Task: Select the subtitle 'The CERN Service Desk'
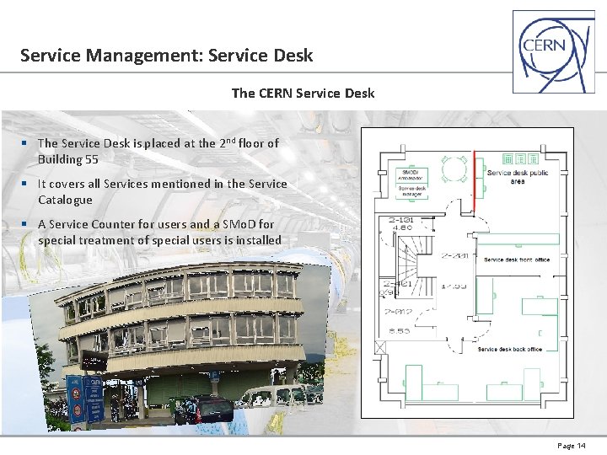303,93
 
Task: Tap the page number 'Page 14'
572,446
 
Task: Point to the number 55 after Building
91,159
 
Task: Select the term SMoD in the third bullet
230,224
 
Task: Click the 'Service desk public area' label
517,177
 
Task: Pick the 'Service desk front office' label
517,260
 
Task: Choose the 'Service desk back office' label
509,349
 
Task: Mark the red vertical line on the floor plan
474,180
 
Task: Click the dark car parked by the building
208,409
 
